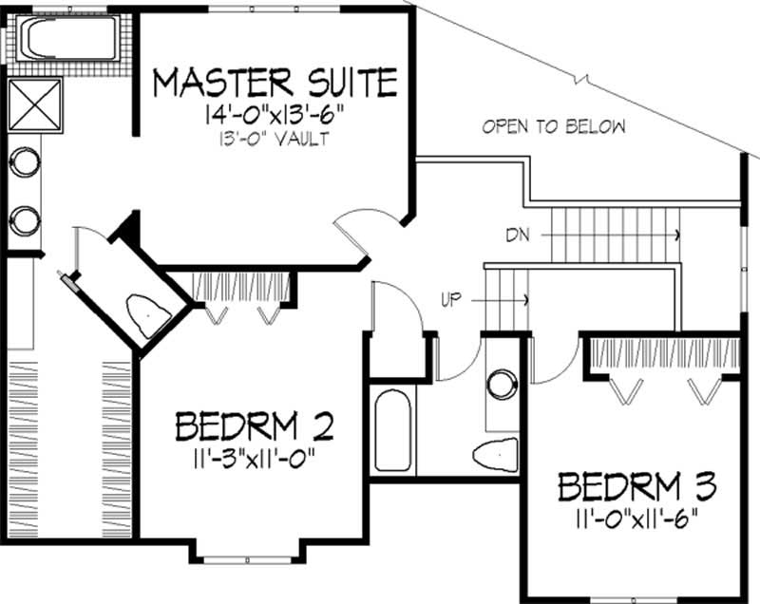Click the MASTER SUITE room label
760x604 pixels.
(275, 83)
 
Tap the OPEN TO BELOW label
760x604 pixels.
(554, 126)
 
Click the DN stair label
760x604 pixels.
(518, 232)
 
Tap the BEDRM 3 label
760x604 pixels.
(637, 487)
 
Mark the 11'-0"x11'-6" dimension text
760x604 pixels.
(637, 518)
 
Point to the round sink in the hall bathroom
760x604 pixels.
(500, 386)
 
